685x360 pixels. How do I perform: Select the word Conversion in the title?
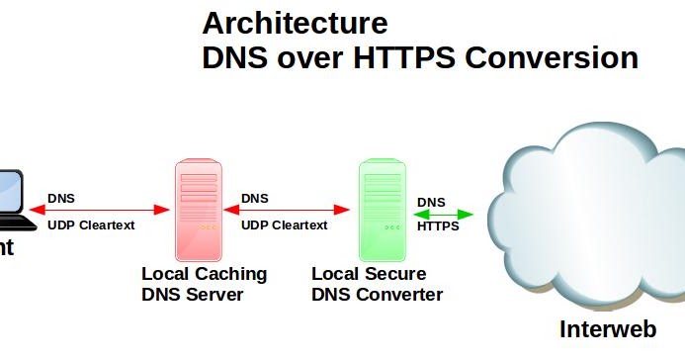552,58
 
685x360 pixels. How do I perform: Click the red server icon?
197,209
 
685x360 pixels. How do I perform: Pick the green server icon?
380,209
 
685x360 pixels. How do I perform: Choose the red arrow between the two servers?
288,210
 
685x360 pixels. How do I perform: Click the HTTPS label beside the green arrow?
439,225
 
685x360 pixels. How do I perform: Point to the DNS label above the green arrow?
431,202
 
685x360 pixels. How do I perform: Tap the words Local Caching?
204,274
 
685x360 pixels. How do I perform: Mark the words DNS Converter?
377,294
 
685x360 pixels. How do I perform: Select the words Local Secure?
369,274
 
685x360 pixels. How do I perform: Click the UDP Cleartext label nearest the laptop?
91,225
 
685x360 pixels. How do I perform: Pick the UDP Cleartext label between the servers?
284,225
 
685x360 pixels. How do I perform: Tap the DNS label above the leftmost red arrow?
60,198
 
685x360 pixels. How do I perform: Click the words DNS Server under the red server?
193,294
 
